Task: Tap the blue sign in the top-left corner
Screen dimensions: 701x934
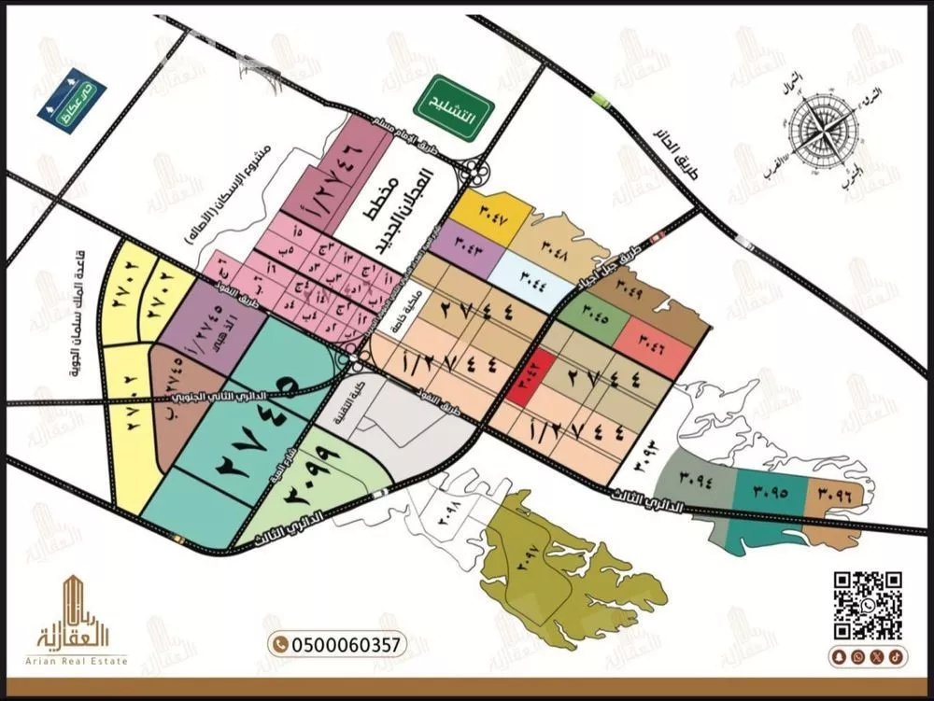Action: click(71, 100)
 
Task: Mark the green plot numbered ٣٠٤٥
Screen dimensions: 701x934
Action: click(591, 312)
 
